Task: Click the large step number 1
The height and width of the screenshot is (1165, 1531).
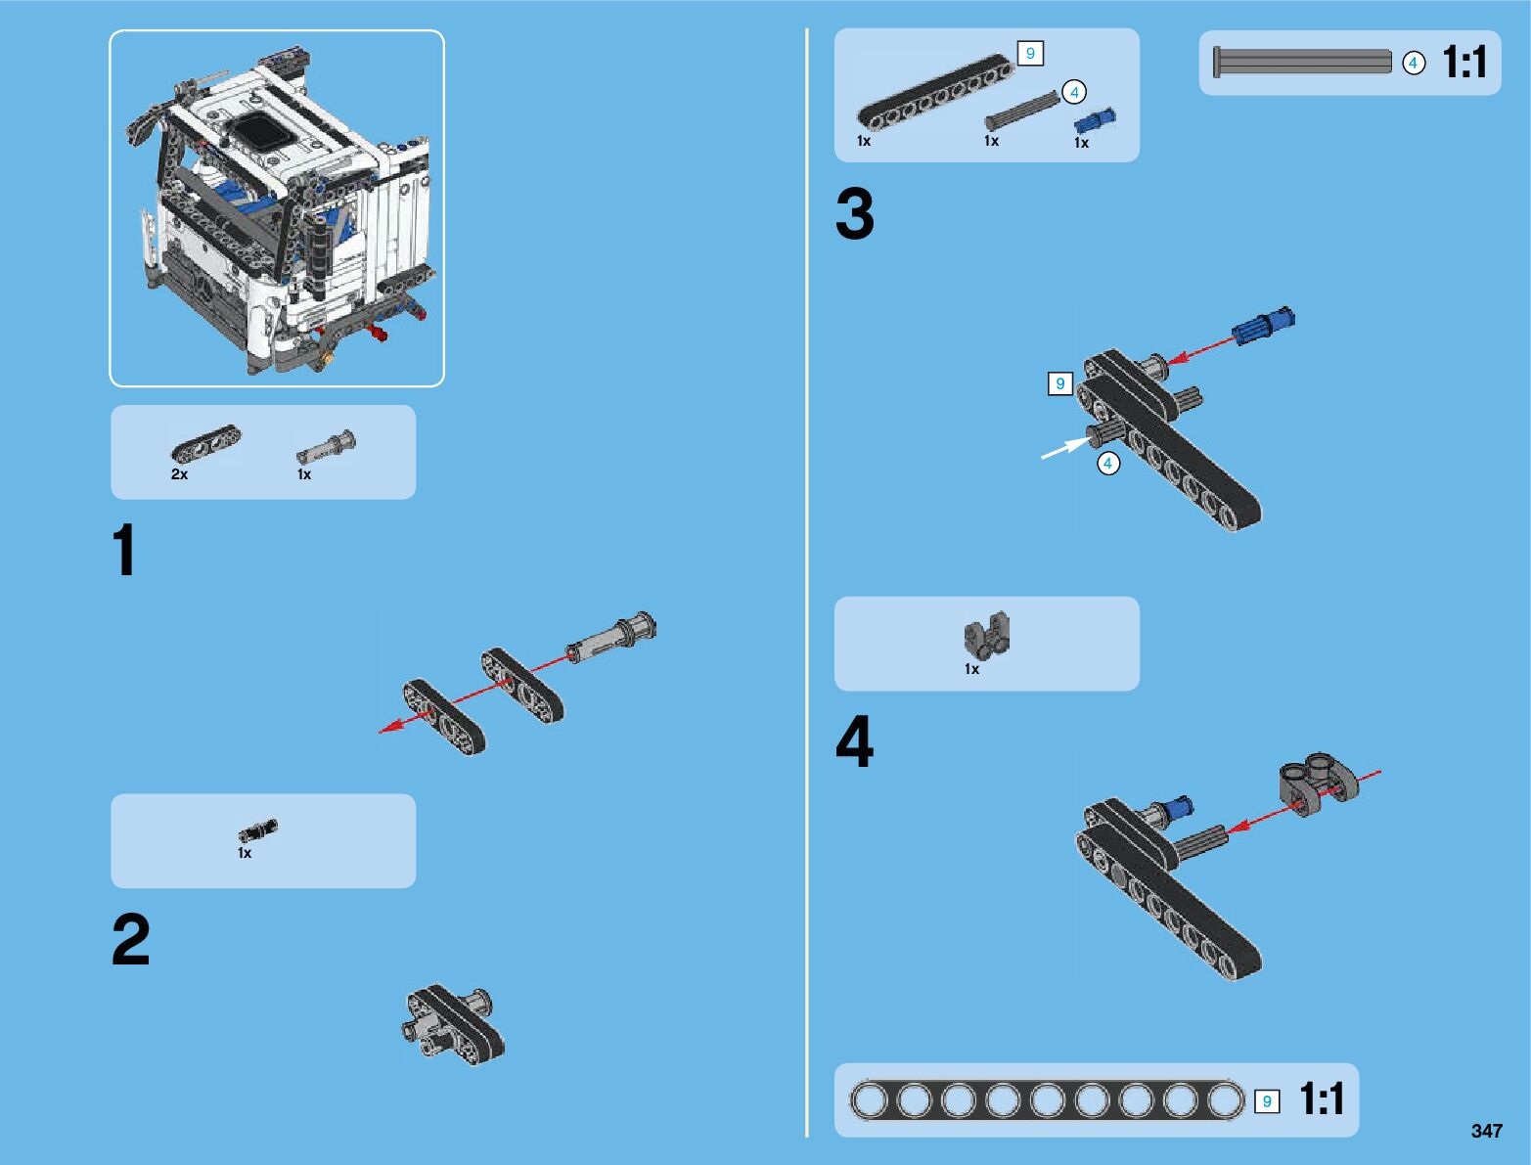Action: coord(124,550)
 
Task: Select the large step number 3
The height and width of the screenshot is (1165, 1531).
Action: coord(854,213)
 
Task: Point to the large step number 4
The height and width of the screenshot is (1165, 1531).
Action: coord(854,741)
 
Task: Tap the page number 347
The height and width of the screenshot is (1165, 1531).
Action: coord(1486,1130)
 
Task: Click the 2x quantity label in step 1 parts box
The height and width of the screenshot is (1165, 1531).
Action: coord(179,474)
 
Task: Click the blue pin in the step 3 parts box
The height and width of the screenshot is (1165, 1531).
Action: coord(1095,120)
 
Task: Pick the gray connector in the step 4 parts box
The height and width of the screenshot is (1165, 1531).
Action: coord(987,635)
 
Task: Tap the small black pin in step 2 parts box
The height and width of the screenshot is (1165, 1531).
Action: coord(257,830)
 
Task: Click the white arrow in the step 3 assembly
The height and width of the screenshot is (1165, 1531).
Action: coord(1065,448)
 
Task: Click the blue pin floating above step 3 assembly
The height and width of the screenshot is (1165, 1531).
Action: coord(1264,325)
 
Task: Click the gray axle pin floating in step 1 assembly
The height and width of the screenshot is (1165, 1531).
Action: coord(611,637)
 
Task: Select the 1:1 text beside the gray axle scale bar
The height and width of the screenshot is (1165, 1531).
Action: coord(1464,62)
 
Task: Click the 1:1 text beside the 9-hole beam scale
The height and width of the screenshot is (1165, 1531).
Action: coord(1323,1099)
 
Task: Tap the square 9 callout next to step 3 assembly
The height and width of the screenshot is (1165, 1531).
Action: coord(1060,383)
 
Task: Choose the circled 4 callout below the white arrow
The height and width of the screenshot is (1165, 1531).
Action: coord(1108,463)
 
